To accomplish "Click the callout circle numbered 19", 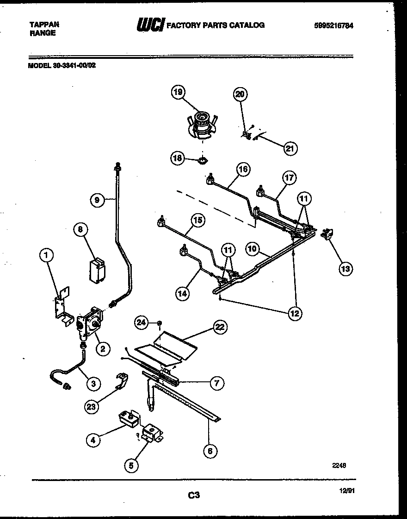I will [x=178, y=92].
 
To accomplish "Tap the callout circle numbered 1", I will [x=47, y=254].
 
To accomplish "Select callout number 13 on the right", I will [x=345, y=268].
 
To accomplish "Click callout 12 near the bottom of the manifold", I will [x=294, y=313].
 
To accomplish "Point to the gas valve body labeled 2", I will [x=90, y=320].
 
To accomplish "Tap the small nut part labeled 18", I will [x=201, y=160].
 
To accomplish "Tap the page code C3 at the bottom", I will [x=194, y=495].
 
